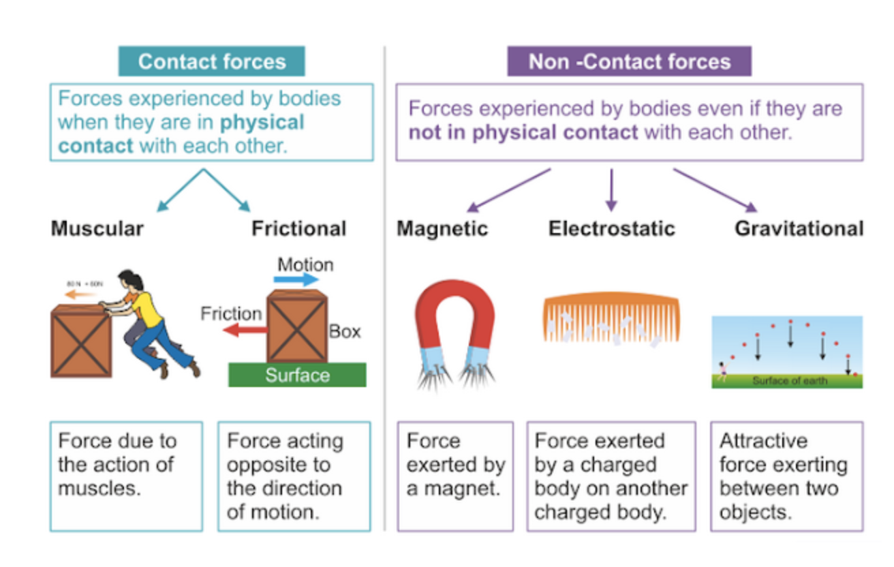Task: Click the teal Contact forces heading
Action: [212, 62]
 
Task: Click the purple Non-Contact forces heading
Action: [629, 62]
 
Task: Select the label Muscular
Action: [97, 228]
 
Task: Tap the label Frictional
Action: [298, 228]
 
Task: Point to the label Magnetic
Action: [442, 228]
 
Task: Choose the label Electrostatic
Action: [611, 228]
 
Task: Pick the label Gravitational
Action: [799, 228]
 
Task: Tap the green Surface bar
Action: [297, 375]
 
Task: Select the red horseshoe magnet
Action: [454, 313]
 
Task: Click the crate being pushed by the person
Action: [81, 341]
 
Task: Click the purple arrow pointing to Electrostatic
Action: [611, 189]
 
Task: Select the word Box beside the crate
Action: [345, 332]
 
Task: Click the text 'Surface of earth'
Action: [789, 381]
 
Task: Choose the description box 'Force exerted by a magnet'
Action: [454, 476]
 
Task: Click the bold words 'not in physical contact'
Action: [523, 132]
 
